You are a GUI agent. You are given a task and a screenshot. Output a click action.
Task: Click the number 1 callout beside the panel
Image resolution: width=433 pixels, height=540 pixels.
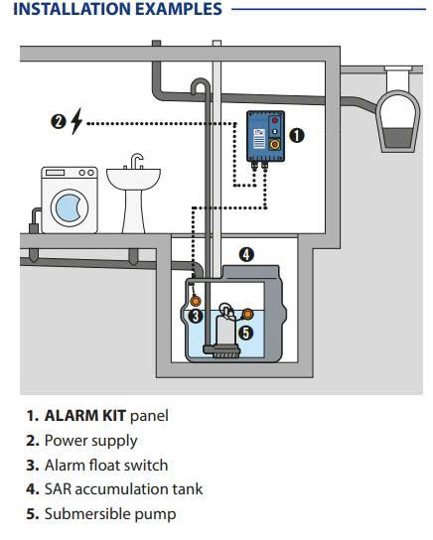[x=296, y=135]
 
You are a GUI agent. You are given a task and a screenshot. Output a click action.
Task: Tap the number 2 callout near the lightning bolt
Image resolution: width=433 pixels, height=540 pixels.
[x=59, y=121]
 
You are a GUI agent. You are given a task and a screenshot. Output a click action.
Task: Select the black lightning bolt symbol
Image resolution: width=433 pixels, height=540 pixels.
[x=76, y=121]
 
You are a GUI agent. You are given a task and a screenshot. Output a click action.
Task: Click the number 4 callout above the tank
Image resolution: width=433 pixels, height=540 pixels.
[x=246, y=255]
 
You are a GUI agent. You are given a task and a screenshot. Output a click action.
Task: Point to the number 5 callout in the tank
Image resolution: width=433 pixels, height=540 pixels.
[x=246, y=333]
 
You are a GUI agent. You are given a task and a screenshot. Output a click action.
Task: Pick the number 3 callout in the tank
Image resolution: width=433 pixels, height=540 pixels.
[x=196, y=316]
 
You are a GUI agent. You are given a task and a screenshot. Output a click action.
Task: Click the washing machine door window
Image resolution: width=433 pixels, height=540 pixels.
[x=70, y=207]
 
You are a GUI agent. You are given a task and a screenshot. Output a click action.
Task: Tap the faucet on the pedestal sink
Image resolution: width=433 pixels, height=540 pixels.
[x=136, y=161]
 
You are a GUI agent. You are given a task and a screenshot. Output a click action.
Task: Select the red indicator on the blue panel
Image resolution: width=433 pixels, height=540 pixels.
[x=274, y=120]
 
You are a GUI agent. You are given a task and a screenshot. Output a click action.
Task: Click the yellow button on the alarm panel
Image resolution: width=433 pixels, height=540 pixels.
[x=274, y=144]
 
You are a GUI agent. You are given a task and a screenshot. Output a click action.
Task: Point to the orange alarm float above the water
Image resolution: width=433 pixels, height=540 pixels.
[x=195, y=301]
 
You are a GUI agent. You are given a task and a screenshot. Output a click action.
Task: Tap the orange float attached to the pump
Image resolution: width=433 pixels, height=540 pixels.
[x=247, y=314]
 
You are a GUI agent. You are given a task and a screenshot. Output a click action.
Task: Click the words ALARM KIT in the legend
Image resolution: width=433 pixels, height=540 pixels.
[x=84, y=415]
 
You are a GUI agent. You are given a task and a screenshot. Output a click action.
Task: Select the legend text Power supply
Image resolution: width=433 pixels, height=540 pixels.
[x=91, y=441]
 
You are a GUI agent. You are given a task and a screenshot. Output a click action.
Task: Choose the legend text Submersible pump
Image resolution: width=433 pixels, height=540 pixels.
[x=110, y=514]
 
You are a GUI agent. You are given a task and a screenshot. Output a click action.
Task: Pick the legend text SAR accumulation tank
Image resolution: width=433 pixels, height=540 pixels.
[x=124, y=489]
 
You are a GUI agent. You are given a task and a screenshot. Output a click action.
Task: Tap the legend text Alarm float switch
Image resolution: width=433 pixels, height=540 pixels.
[x=106, y=465]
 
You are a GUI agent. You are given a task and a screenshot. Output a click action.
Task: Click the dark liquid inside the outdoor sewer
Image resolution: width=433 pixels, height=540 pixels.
[x=398, y=137]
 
